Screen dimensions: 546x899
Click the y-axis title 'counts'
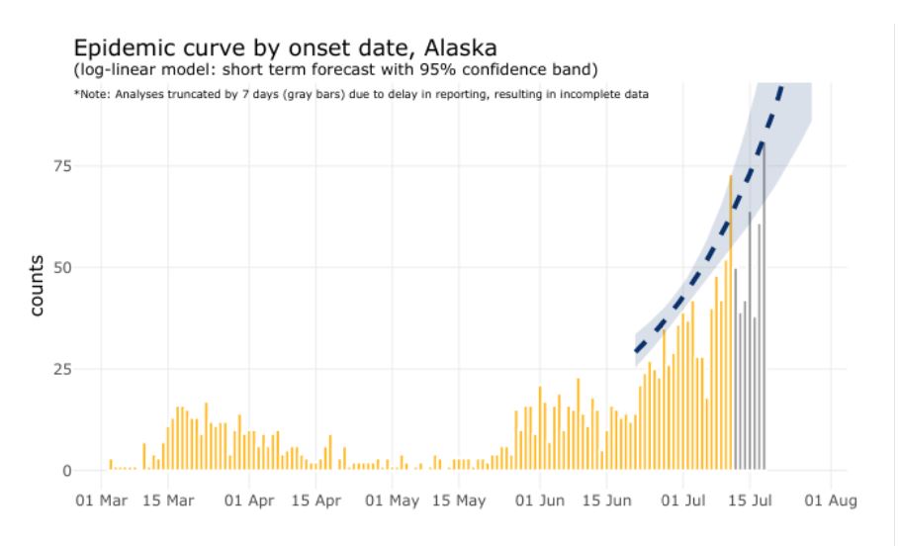click(37, 285)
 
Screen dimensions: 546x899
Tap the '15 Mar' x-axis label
click(167, 500)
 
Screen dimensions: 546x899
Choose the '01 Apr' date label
click(247, 500)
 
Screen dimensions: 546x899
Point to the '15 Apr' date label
click(314, 500)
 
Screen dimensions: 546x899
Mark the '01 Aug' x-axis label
click(827, 500)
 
